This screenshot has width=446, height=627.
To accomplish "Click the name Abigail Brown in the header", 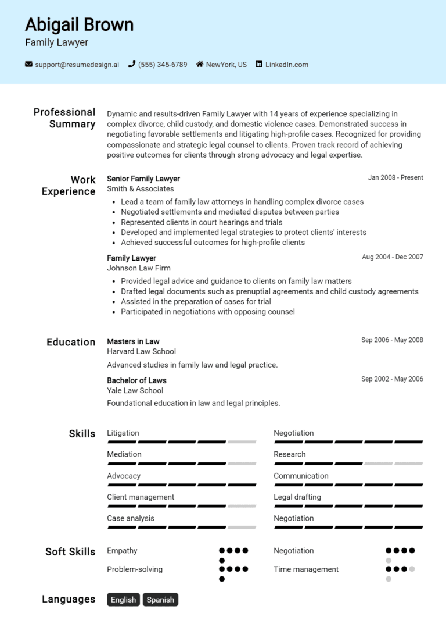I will (79, 24).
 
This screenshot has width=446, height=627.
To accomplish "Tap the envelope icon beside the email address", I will (28, 65).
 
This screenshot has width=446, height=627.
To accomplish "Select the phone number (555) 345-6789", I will (162, 65).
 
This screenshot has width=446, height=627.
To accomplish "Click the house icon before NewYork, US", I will (200, 65).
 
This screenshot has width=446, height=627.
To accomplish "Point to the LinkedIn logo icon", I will (259, 65).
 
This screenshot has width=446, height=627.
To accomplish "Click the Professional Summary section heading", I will (64, 118).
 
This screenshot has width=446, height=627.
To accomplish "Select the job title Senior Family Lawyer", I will (143, 179).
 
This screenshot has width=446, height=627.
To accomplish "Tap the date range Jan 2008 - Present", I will (395, 178).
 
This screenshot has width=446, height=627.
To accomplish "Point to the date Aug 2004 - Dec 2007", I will (393, 257).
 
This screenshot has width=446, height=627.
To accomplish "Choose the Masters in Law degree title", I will (133, 341).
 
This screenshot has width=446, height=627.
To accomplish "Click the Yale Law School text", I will (135, 390).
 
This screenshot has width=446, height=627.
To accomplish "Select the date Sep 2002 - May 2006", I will (392, 379).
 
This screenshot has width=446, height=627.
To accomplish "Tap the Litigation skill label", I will (123, 433).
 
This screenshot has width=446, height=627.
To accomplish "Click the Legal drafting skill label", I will (297, 497).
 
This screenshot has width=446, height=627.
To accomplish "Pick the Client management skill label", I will (141, 497).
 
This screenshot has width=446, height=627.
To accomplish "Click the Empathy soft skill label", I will (122, 550).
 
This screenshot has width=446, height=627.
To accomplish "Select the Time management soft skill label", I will (306, 569).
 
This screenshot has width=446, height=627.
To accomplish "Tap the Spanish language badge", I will (160, 600).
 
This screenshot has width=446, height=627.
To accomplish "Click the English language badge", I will (123, 600).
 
